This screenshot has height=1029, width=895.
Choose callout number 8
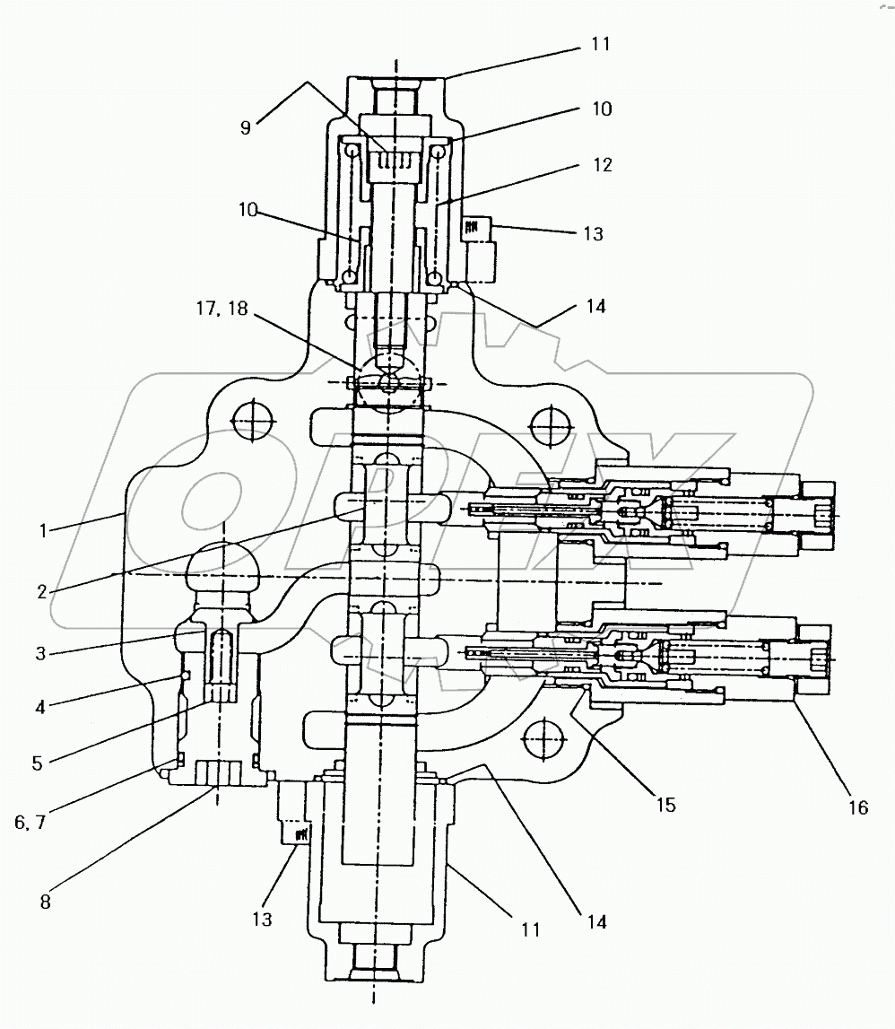pyautogui.click(x=45, y=903)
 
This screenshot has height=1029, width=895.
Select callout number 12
pyautogui.click(x=602, y=165)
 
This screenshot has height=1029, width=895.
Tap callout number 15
pyautogui.click(x=665, y=805)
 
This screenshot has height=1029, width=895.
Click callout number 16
pyautogui.click(x=858, y=807)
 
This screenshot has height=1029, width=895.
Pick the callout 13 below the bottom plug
pyautogui.click(x=262, y=920)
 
